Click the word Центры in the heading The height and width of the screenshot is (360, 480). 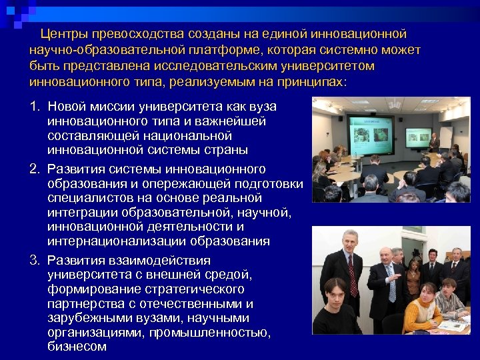[64, 33]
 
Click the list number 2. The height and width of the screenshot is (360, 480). [34, 169]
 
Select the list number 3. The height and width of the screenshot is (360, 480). [34, 260]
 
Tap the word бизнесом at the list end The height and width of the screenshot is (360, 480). [77, 347]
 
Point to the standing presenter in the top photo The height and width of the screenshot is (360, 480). [434, 142]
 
